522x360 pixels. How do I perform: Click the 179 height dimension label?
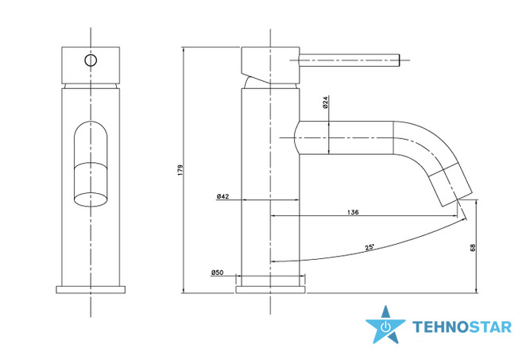click(x=180, y=170)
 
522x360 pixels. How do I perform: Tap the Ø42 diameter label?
click(x=222, y=196)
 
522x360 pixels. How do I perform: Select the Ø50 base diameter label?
click(x=217, y=273)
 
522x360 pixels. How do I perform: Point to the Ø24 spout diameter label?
click(x=325, y=103)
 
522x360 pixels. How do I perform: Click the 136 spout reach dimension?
click(x=353, y=212)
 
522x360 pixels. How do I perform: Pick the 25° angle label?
click(x=369, y=247)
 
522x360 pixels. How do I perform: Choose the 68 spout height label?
click(x=473, y=247)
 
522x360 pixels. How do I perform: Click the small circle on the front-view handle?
click(x=91, y=60)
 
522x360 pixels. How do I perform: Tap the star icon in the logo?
click(x=385, y=325)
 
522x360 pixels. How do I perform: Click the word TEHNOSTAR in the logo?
click(x=462, y=327)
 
